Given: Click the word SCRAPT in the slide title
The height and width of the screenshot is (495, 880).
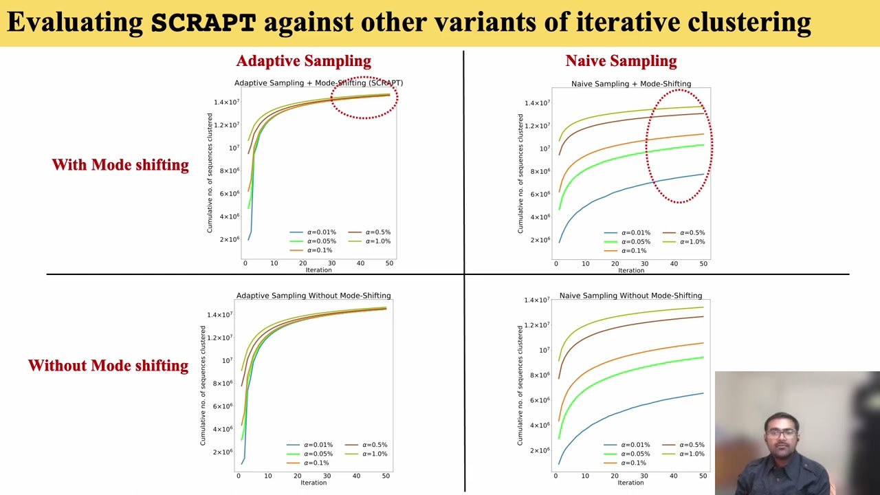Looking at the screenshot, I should [x=203, y=23].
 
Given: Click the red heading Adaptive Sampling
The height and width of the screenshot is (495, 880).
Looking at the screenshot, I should [x=303, y=61].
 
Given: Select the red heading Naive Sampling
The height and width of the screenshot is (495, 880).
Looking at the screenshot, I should [x=621, y=61].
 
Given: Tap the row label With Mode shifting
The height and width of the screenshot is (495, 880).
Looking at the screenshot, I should [x=120, y=165].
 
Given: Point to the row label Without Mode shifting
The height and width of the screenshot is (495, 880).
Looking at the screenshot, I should [x=109, y=366].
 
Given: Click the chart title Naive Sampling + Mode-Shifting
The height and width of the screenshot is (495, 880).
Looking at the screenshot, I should [x=631, y=84].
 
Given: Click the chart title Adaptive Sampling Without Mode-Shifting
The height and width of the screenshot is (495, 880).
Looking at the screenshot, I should [x=313, y=296].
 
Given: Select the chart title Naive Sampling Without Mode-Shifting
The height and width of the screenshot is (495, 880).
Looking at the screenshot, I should [x=630, y=296].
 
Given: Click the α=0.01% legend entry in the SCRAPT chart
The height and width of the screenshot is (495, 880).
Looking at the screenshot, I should [x=313, y=232].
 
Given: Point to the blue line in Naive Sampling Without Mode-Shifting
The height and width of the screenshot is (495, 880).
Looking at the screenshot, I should [x=619, y=414].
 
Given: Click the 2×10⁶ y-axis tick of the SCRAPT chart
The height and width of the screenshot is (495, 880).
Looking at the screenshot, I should [x=230, y=239].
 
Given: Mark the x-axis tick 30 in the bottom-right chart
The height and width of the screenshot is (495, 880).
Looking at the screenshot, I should [x=644, y=476].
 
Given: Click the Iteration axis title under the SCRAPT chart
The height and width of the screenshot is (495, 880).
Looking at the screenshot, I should [x=318, y=270].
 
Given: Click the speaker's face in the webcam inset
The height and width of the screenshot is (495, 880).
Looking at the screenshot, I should [x=781, y=434].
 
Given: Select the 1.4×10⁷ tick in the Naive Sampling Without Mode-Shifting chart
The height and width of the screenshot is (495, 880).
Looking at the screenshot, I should [x=537, y=300].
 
